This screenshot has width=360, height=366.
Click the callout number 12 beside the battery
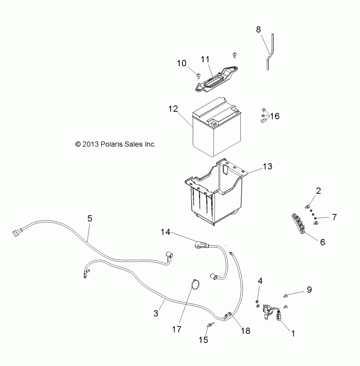(173, 108)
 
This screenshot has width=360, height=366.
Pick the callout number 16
(275, 116)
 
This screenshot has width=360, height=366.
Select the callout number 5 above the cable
(90, 218)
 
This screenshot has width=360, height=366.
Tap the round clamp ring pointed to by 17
(195, 284)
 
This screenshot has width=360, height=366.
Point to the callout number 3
(156, 313)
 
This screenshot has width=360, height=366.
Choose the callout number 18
(246, 331)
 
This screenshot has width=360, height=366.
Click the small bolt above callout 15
(210, 325)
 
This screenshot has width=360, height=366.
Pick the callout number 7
(334, 217)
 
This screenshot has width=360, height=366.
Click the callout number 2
(318, 191)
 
